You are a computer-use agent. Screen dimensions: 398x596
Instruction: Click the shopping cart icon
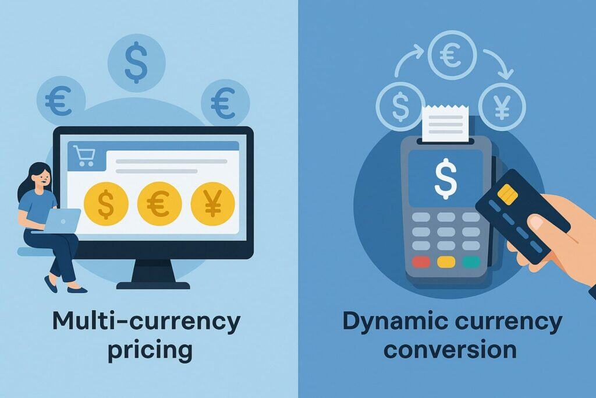(84, 156)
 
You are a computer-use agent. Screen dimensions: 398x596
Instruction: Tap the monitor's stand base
(153, 284)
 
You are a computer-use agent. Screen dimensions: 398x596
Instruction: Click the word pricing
(146, 350)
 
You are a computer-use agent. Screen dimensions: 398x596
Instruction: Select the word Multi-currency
(146, 322)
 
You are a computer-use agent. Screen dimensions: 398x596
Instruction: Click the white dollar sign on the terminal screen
(446, 178)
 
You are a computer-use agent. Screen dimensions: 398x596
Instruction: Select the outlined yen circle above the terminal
(502, 107)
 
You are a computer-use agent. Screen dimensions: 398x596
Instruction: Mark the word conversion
(449, 350)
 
